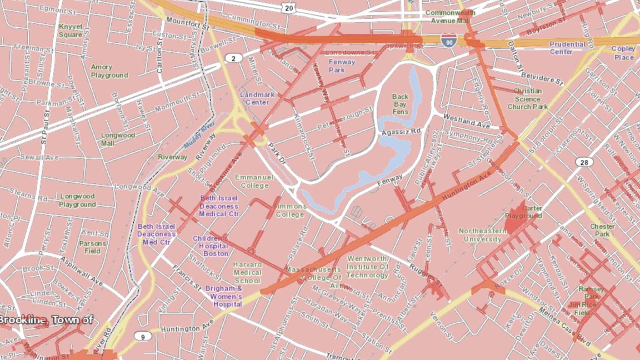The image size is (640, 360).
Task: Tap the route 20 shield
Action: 288,8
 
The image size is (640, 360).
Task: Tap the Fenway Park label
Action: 341,66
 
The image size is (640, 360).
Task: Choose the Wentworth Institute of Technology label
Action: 368,267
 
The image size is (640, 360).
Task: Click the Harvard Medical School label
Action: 247,273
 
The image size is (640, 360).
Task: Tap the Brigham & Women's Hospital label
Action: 224,296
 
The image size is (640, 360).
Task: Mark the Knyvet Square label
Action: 71,31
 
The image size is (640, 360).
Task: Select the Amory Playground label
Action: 109,71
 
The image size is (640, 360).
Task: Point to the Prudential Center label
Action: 567,48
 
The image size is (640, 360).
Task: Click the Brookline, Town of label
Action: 46,320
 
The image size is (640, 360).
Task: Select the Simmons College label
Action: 289,210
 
